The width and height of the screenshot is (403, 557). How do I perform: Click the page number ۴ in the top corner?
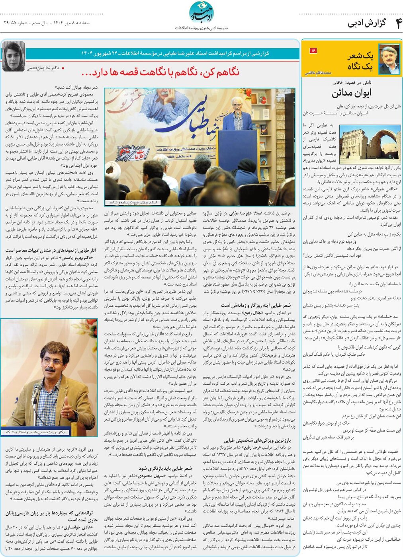(397, 23)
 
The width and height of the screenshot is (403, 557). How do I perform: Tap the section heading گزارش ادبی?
(367, 23)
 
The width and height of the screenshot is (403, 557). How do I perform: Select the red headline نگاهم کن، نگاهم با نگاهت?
(160, 72)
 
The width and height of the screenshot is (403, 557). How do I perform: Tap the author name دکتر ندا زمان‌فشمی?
(43, 68)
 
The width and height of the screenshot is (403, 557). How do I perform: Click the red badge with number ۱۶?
(313, 51)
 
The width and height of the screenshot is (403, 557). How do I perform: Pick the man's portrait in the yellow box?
(389, 59)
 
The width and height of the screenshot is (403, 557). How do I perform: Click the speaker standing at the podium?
(237, 115)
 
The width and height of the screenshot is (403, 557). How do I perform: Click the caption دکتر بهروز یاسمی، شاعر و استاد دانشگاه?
(35, 432)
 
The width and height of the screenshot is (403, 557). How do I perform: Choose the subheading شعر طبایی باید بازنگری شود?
(165, 468)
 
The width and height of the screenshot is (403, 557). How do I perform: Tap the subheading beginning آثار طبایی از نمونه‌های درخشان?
(51, 250)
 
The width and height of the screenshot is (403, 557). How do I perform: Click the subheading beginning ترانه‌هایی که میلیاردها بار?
(51, 516)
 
